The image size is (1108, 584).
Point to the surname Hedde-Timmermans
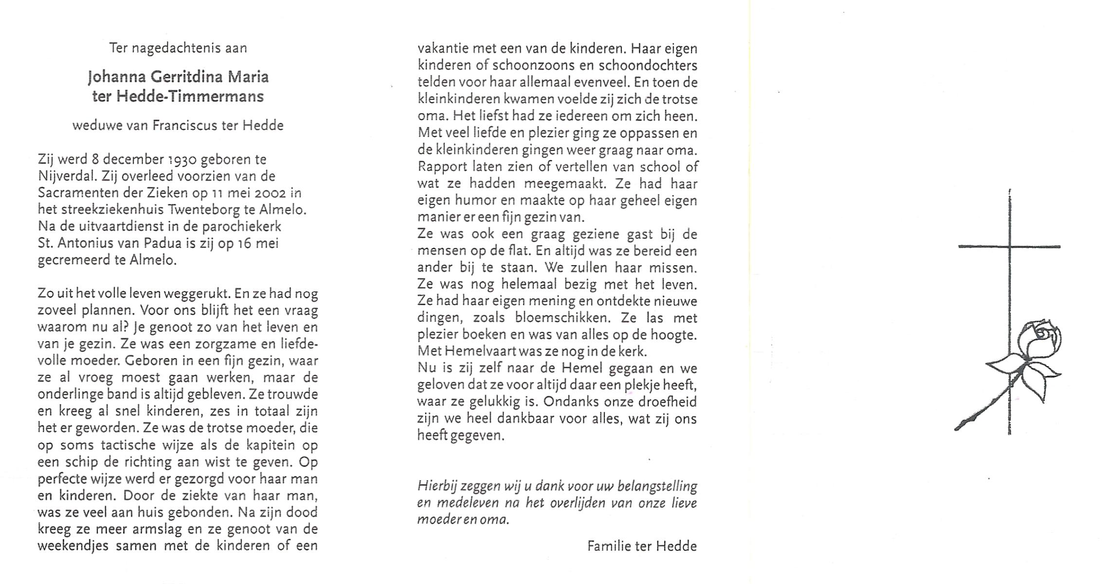[189, 96]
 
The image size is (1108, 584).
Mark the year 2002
[270, 193]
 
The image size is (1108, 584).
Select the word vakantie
[441, 49]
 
